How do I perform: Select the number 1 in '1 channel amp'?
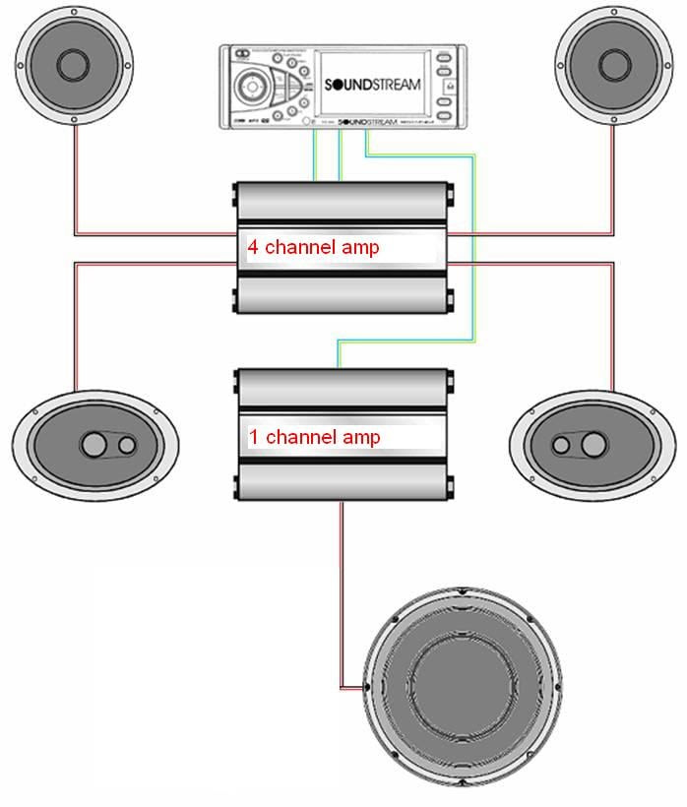[253, 436]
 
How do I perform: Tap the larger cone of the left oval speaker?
[94, 444]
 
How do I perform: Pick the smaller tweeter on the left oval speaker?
[126, 444]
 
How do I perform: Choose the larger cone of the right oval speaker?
[593, 445]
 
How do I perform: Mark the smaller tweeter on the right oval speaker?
[561, 445]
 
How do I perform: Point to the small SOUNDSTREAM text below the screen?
[365, 122]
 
